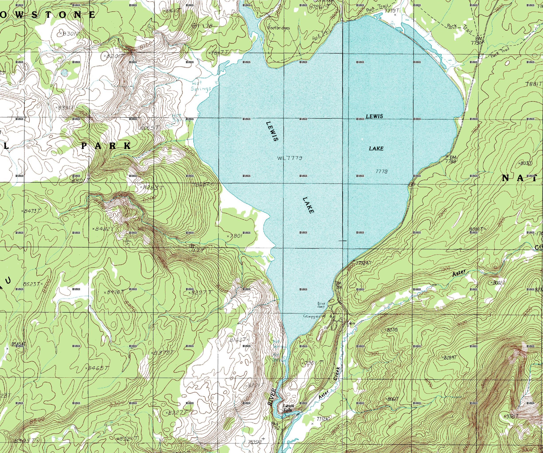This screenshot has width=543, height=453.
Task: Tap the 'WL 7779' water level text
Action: tap(290, 158)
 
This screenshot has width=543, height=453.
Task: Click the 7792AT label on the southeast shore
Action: tap(363, 263)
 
